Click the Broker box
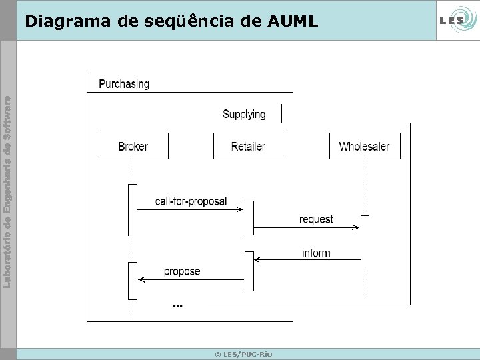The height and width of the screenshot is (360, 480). point(133,146)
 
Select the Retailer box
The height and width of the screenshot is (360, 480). point(248,146)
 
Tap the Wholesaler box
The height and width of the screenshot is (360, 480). point(364,146)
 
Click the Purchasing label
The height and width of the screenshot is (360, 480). point(124,84)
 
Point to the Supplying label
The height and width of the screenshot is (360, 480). point(243,114)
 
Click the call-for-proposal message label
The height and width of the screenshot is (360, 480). point(191,201)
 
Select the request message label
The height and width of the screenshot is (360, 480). point(316,219)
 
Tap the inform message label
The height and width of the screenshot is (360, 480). point(316,253)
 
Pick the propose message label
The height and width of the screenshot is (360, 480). point(182,271)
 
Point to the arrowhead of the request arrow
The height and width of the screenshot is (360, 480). point(356,228)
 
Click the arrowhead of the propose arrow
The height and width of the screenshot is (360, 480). point(141,281)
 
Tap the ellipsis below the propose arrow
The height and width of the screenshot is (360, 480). point(177,305)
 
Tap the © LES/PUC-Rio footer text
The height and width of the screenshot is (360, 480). point(243,354)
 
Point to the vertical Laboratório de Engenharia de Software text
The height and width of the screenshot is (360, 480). point(7,192)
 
